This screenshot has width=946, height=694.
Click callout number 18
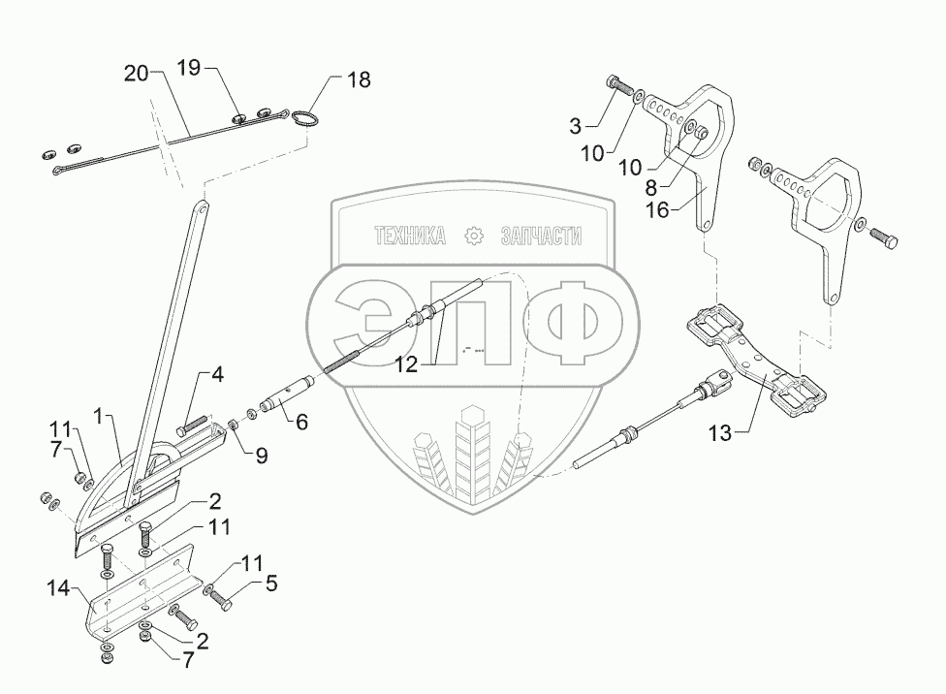tap(359, 79)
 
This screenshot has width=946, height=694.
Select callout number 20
tap(138, 73)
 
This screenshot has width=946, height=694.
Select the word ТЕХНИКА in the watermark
tap(410, 236)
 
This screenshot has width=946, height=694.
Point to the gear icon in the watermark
tap(473, 236)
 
